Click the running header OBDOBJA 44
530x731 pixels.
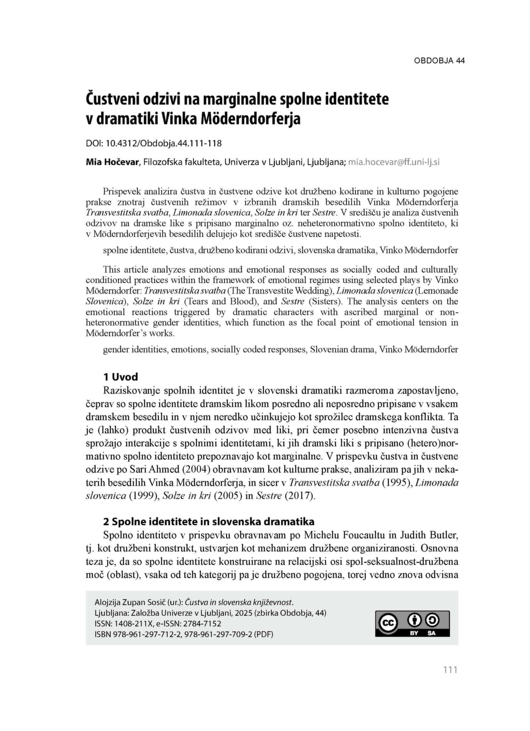click(x=439, y=61)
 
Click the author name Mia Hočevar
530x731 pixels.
click(x=112, y=162)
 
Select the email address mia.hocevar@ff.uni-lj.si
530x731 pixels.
click(x=393, y=162)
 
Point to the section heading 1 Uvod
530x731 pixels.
click(x=121, y=377)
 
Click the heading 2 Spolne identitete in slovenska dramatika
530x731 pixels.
click(x=209, y=521)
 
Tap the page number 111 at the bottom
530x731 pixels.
click(x=450, y=670)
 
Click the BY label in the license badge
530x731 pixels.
click(x=414, y=633)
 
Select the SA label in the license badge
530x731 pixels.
click(x=431, y=633)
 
